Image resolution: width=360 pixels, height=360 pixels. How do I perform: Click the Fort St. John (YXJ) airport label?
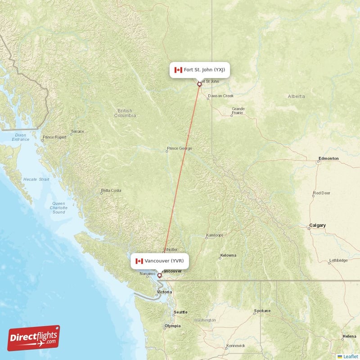[x=200, y=70]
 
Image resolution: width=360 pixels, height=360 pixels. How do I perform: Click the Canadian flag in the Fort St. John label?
[x=178, y=70]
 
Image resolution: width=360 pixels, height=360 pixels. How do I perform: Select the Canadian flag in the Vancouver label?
[x=139, y=261]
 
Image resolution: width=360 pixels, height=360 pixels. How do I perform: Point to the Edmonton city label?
[x=328, y=158]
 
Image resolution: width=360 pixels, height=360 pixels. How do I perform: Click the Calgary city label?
[x=317, y=225]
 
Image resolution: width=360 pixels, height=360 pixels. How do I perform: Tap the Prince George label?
[x=179, y=148]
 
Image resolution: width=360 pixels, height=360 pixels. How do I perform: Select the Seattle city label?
[x=181, y=312]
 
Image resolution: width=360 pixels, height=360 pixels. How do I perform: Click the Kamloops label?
[x=214, y=235]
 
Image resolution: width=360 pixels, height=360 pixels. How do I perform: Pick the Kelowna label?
[x=228, y=255]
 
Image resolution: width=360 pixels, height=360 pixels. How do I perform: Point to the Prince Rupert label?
[x=54, y=137]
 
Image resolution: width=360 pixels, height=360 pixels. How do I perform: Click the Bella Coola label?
[x=111, y=190]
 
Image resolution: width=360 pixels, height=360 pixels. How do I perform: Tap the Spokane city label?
[x=262, y=311]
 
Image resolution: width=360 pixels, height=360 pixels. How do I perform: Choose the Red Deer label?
[x=322, y=193]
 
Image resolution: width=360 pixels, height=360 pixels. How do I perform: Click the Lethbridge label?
[x=338, y=261]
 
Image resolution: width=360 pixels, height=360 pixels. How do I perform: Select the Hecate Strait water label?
[x=36, y=179]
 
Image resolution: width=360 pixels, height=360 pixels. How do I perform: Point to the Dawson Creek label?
[x=220, y=96]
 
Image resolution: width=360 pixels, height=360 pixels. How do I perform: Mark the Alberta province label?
[x=296, y=96]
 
